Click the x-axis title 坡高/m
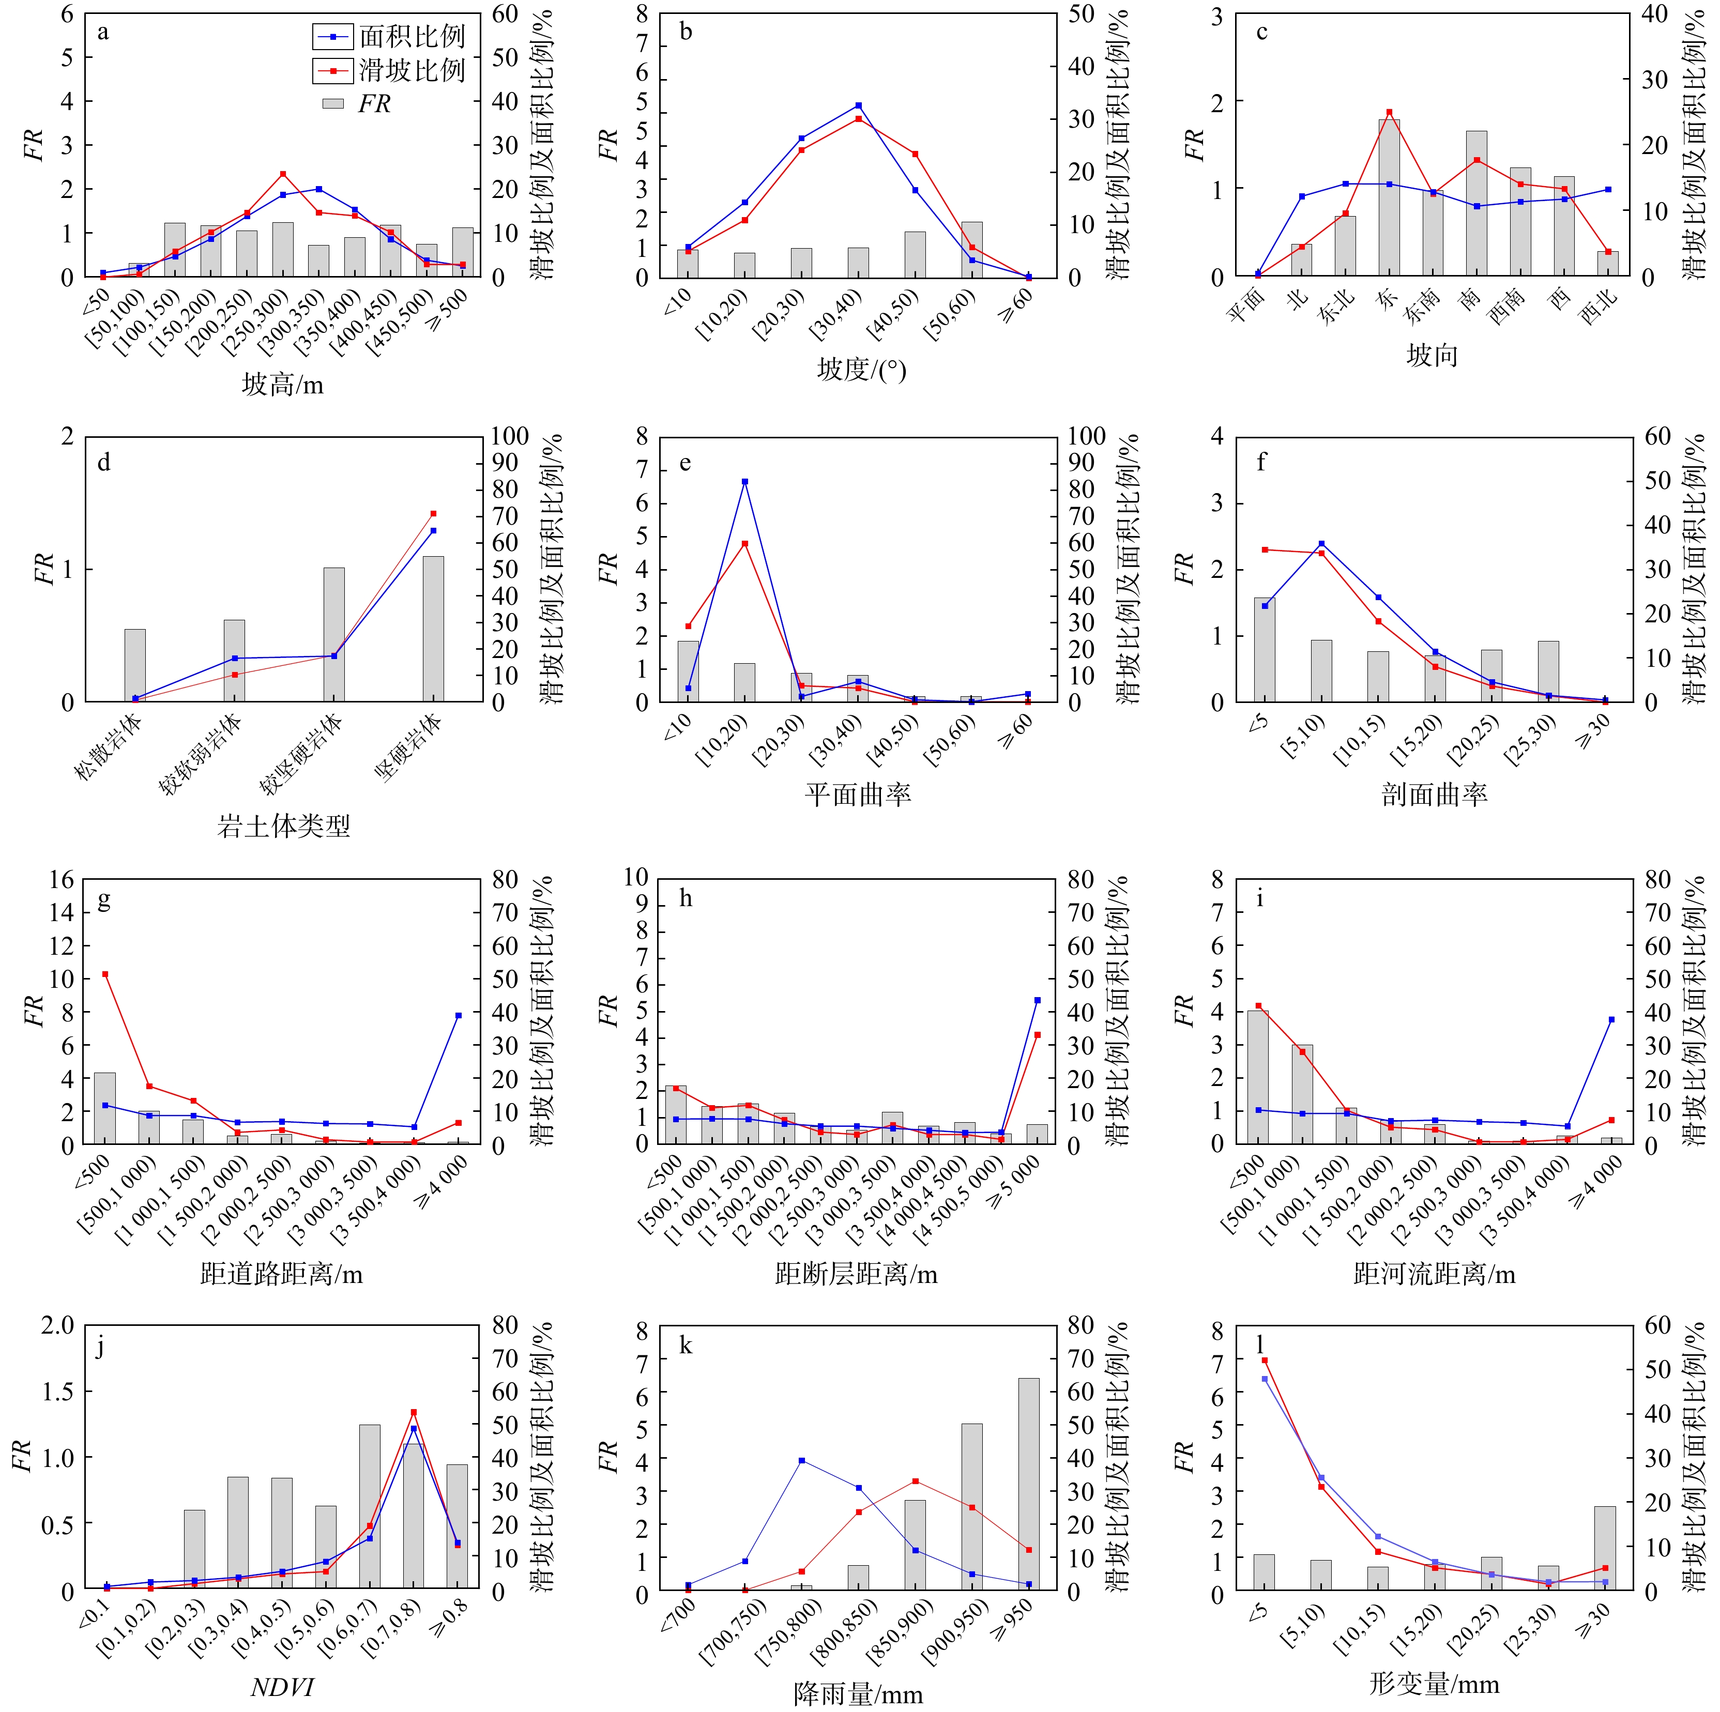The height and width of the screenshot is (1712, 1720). click(x=282, y=385)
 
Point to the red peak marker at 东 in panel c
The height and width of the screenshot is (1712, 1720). click(x=1389, y=112)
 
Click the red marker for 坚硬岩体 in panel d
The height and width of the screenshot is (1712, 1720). click(x=434, y=514)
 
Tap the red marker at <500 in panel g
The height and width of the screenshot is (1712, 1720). click(x=105, y=974)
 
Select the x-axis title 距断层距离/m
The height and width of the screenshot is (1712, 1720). click(x=857, y=1275)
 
